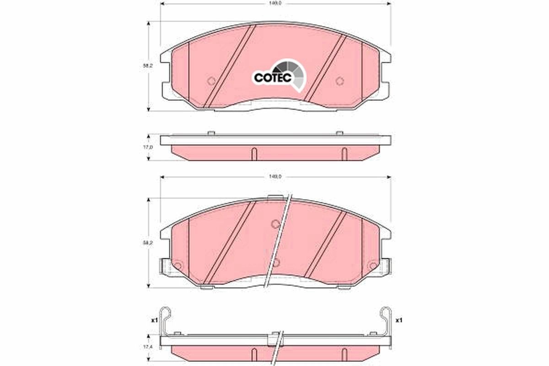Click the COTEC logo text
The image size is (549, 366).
pyautogui.click(x=273, y=78)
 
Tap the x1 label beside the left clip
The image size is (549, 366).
pyautogui.click(x=154, y=320)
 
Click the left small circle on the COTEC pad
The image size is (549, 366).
pyautogui.click(x=211, y=81)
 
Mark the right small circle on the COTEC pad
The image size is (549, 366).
pyautogui.click(x=339, y=81)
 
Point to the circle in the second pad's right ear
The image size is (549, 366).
pyautogui.click(x=373, y=265)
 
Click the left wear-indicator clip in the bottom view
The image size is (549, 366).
pyautogui.click(x=166, y=320)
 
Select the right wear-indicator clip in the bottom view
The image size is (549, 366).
pyautogui.click(x=386, y=320)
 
